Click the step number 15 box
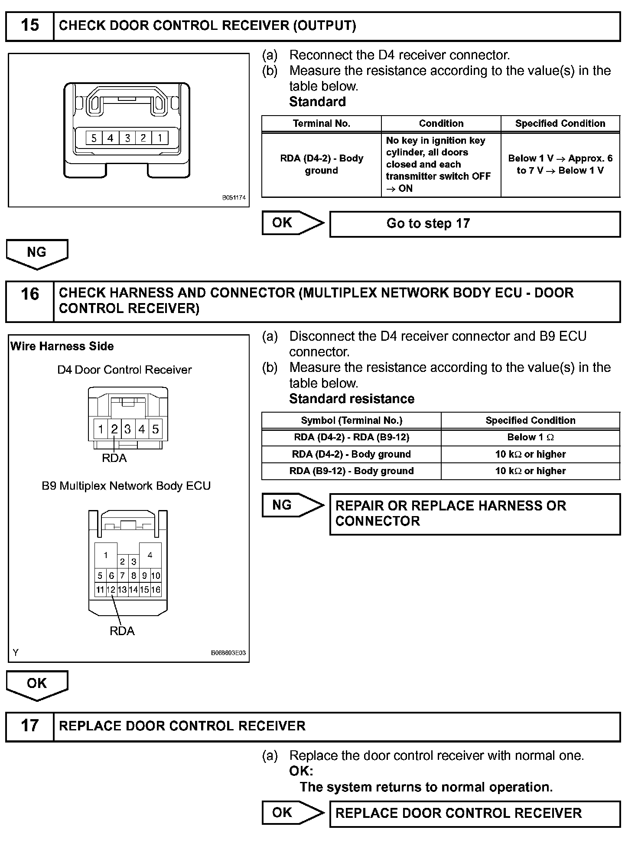pyautogui.click(x=29, y=26)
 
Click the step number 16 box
pyautogui.click(x=29, y=301)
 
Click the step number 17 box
pyautogui.click(x=29, y=725)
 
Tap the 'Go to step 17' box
pyautogui.click(x=475, y=224)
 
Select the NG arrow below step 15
pyautogui.click(x=37, y=253)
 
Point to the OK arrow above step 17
pyautogui.click(x=37, y=685)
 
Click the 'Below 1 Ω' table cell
pyautogui.click(x=531, y=437)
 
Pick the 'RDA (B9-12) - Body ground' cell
pyautogui.click(x=352, y=471)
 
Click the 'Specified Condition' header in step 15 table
pyautogui.click(x=560, y=123)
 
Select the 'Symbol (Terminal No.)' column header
pyautogui.click(x=352, y=420)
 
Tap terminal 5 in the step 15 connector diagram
pyautogui.click(x=94, y=138)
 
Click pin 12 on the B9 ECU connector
pyautogui.click(x=111, y=589)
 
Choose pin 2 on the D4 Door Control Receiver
pyautogui.click(x=114, y=429)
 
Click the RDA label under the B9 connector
pyautogui.click(x=122, y=631)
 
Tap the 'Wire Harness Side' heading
pyautogui.click(x=62, y=346)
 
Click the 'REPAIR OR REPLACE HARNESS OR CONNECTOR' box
pyautogui.click(x=475, y=513)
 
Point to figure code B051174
pyautogui.click(x=234, y=198)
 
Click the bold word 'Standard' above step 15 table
pyautogui.click(x=317, y=102)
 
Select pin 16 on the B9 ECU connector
pyautogui.click(x=156, y=589)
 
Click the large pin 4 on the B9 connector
pyautogui.click(x=150, y=555)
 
